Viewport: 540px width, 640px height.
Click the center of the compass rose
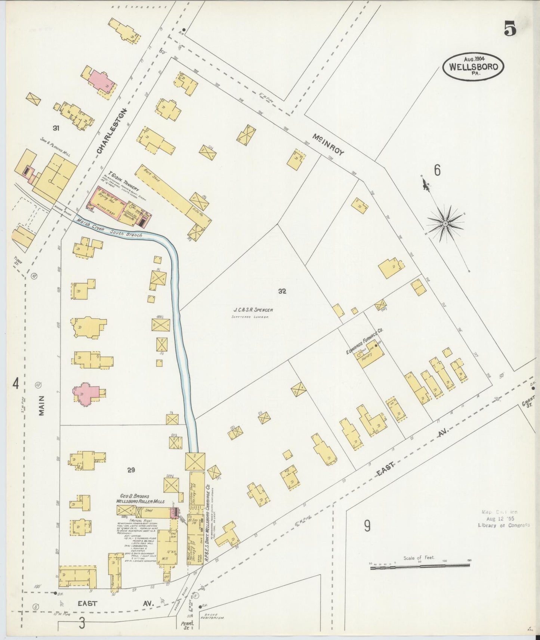point(445,224)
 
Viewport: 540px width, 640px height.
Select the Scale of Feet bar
point(420,568)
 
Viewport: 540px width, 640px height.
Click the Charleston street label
point(112,131)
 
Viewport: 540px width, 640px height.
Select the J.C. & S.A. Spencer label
point(253,310)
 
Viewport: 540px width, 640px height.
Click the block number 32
point(282,291)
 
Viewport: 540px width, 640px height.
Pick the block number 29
point(131,470)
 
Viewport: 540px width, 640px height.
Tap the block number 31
point(56,128)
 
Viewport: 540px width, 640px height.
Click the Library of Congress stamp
point(503,519)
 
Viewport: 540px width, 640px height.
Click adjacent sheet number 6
point(437,170)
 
